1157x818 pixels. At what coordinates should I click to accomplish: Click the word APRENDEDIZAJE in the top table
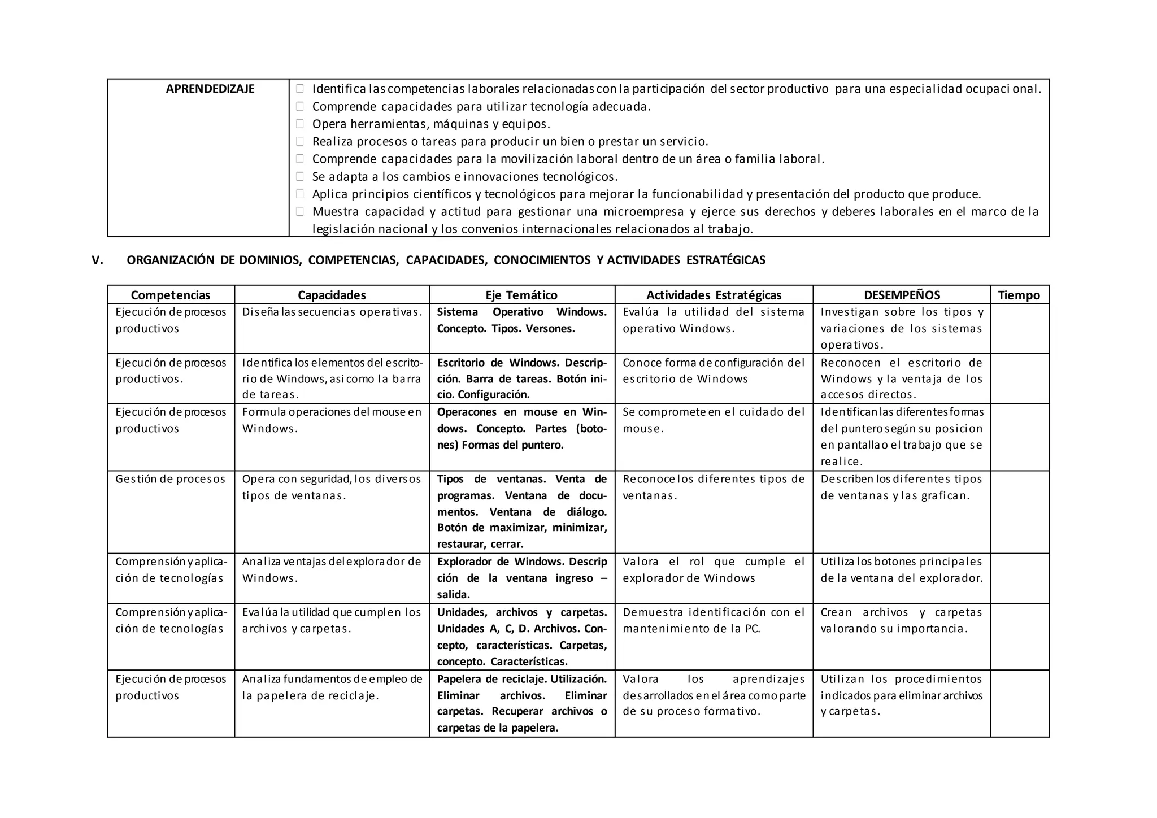[x=210, y=89]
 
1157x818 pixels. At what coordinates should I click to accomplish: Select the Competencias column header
[x=171, y=295]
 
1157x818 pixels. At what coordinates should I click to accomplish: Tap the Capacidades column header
[x=332, y=295]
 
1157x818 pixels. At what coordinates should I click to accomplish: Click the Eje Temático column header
[x=521, y=295]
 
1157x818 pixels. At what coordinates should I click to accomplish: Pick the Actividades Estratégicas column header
[x=714, y=295]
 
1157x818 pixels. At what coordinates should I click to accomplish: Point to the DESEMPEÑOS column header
[x=902, y=295]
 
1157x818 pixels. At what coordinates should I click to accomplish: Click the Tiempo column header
[x=1019, y=295]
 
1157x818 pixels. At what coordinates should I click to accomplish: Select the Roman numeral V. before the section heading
[x=98, y=260]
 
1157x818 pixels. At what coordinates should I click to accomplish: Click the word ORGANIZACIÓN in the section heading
[x=171, y=260]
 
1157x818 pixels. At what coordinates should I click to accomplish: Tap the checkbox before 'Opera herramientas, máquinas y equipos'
[x=300, y=124]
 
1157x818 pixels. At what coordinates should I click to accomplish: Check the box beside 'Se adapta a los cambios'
[x=300, y=176]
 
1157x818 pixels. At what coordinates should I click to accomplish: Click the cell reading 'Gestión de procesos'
[x=170, y=479]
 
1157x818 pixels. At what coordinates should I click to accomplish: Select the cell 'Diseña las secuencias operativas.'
[x=332, y=312]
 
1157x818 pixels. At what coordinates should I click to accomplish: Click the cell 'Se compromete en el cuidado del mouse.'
[x=714, y=420]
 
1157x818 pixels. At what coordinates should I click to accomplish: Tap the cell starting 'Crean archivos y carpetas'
[x=901, y=620]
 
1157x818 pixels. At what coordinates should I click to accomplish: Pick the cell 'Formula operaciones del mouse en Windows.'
[x=332, y=420]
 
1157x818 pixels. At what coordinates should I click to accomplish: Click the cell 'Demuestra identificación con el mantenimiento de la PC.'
[x=714, y=620]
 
